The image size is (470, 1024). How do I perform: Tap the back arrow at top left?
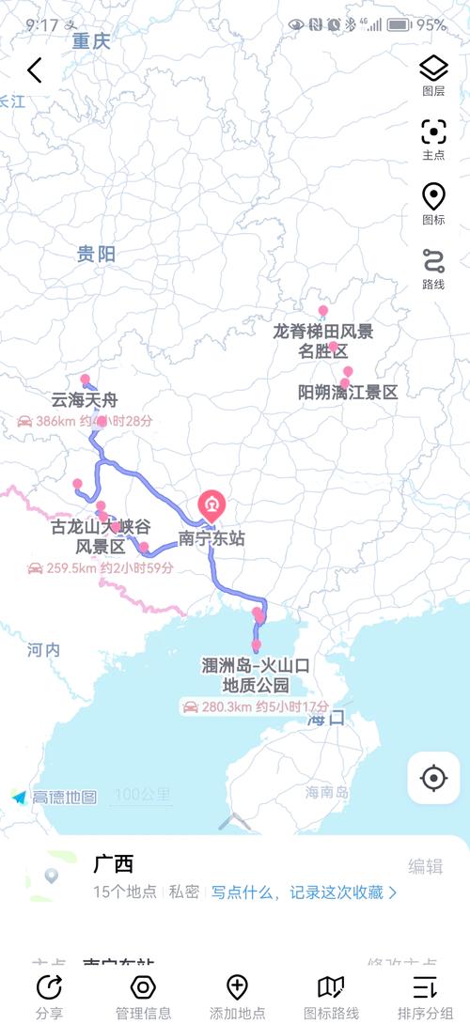[35, 70]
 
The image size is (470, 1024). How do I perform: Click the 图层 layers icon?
[433, 68]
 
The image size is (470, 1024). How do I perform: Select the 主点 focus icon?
[433, 132]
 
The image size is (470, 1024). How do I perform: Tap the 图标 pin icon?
[433, 197]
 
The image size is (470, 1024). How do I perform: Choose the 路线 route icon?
[433, 261]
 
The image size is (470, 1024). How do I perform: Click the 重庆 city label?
[91, 41]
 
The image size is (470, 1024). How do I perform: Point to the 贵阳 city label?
[96, 254]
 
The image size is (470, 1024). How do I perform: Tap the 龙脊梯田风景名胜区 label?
[322, 341]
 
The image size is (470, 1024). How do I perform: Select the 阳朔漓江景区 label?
[348, 393]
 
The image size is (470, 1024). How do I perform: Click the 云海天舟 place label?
[85, 401]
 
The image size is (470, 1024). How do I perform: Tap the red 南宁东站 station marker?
[211, 507]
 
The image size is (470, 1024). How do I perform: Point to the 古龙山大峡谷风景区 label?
[101, 537]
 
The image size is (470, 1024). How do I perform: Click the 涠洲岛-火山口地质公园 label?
[256, 675]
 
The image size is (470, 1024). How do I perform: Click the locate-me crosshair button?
[433, 778]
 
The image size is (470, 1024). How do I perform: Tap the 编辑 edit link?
[425, 867]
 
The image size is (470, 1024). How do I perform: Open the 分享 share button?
[49, 996]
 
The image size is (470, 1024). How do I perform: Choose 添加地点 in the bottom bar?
[237, 996]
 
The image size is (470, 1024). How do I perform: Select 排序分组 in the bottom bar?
[425, 996]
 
